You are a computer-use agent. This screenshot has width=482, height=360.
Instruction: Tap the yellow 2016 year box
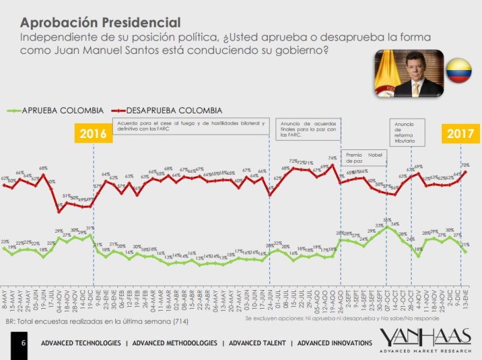point(93,133)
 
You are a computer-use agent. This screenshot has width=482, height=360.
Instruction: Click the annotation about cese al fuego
point(191,127)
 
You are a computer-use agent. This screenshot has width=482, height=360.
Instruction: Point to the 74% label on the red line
point(332,158)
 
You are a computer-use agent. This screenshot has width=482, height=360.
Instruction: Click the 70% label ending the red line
point(465,165)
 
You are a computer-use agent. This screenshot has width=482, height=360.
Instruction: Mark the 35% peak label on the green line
point(387,219)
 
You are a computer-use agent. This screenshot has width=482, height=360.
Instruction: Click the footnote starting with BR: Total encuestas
point(97,321)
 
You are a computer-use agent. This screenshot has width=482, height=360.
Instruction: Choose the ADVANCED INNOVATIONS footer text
point(334,343)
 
